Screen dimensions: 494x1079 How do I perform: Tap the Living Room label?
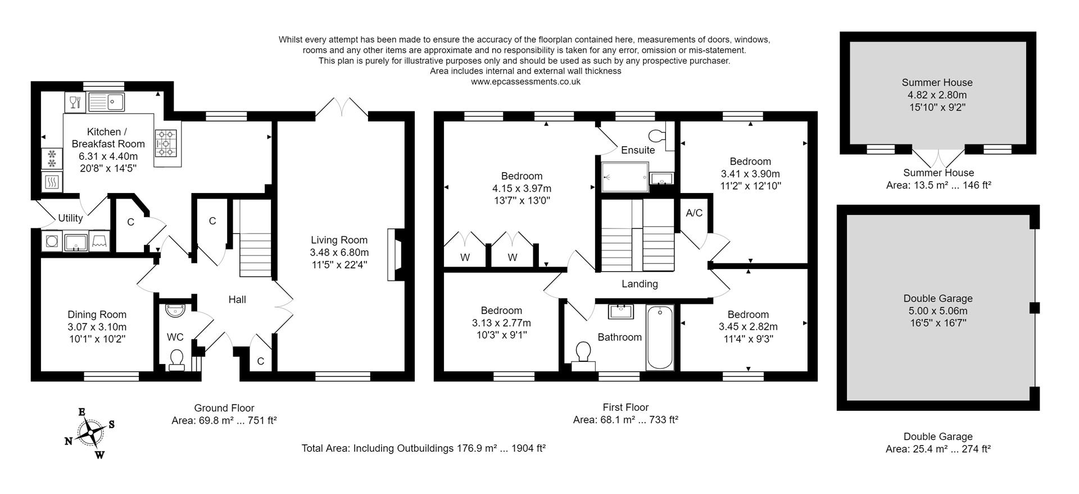(339, 240)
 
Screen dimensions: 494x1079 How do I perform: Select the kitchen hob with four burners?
(166, 143)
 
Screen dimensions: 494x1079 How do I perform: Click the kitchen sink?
(106, 102)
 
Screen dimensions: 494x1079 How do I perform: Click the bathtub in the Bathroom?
(660, 337)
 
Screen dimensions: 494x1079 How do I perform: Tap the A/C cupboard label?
(694, 213)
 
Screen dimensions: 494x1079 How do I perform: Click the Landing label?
(640, 284)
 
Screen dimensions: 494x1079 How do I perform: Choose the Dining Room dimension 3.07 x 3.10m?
(97, 327)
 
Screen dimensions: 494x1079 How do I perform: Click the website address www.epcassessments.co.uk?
(525, 82)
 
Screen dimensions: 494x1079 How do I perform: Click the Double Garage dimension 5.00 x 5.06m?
(937, 311)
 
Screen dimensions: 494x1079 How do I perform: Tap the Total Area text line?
(424, 448)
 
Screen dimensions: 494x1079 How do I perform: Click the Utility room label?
(70, 218)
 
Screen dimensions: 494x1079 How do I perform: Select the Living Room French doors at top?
(342, 109)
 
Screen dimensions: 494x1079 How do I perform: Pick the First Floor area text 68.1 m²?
(625, 420)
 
